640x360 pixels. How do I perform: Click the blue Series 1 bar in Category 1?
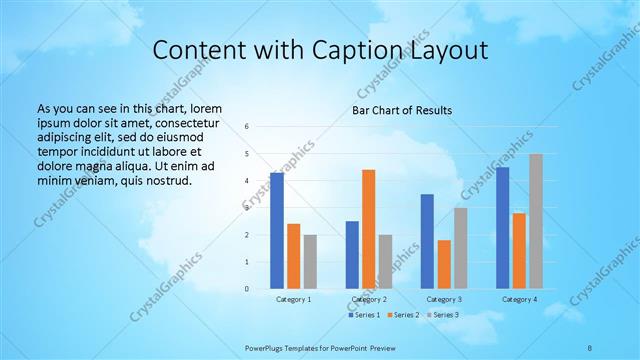(x=277, y=231)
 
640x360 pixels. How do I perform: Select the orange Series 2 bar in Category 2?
(x=368, y=229)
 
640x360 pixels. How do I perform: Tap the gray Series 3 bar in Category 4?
(x=536, y=221)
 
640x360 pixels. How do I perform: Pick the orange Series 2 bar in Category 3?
(x=444, y=264)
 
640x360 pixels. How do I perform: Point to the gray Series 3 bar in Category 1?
(x=310, y=262)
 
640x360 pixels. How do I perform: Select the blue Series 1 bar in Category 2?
(x=352, y=255)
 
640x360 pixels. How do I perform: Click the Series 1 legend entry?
(x=364, y=315)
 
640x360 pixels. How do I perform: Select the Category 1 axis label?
(x=293, y=299)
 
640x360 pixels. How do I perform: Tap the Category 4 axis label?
(x=519, y=299)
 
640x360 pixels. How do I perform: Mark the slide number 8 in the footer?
(x=590, y=347)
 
